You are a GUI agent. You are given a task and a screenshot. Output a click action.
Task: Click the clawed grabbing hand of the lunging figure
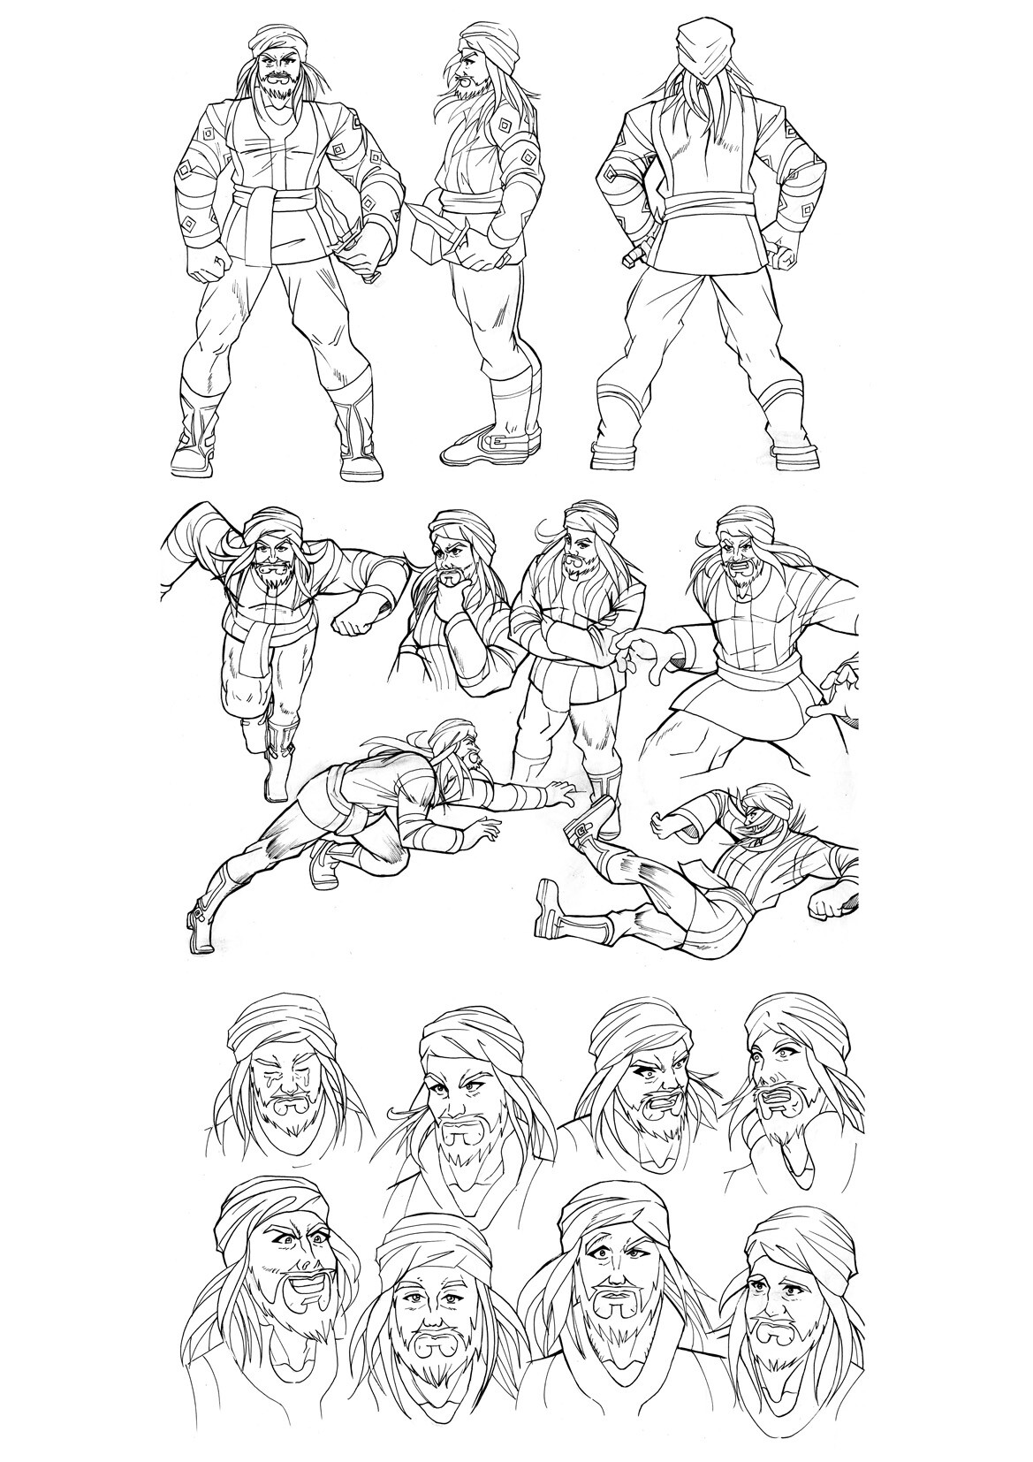tap(642, 654)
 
